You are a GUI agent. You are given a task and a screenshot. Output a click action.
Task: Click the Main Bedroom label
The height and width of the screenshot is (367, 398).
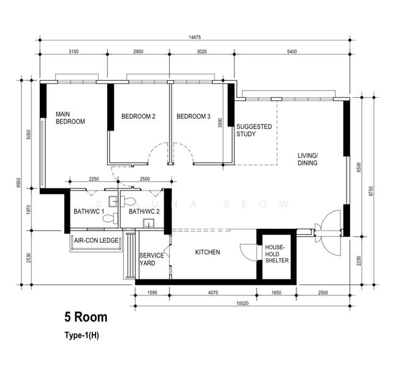pyautogui.click(x=70, y=118)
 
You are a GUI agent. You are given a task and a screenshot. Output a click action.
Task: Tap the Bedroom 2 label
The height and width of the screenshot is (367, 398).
pyautogui.click(x=138, y=116)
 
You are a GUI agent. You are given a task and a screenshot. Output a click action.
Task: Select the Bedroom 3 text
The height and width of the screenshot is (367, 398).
pyautogui.click(x=193, y=116)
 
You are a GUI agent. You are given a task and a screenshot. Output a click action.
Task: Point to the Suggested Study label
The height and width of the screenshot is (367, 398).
pyautogui.click(x=254, y=130)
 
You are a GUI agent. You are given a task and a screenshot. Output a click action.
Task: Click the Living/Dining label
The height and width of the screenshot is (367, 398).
pyautogui.click(x=307, y=159)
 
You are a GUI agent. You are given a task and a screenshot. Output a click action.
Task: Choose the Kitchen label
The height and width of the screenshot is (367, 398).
pyautogui.click(x=208, y=252)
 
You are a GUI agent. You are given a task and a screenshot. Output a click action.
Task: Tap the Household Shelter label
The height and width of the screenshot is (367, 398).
pyautogui.click(x=277, y=254)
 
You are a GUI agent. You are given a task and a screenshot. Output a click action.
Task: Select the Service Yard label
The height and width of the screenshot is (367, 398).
pyautogui.click(x=151, y=259)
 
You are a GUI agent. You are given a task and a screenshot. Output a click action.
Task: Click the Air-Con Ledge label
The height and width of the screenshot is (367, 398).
pyautogui.click(x=96, y=240)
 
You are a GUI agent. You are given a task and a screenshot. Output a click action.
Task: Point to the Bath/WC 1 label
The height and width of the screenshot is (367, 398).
pyautogui.click(x=89, y=211)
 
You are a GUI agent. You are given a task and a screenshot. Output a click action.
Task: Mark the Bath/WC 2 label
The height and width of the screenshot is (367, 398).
pyautogui.click(x=144, y=211)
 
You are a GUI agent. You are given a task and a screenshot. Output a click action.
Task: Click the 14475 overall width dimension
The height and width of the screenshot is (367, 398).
pyautogui.click(x=195, y=37)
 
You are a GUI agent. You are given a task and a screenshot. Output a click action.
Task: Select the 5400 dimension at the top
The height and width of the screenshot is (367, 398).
pyautogui.click(x=292, y=51)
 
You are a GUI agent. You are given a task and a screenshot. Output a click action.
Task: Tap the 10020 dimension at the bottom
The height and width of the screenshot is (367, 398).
pyautogui.click(x=242, y=303)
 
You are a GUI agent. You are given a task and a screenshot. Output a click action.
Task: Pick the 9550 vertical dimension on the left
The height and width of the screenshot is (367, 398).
pyautogui.click(x=18, y=183)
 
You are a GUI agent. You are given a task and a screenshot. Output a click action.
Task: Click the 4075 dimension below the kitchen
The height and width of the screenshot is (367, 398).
pyautogui.click(x=213, y=292)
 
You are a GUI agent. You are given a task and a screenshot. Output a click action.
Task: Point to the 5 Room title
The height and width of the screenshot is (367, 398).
pyautogui.click(x=86, y=317)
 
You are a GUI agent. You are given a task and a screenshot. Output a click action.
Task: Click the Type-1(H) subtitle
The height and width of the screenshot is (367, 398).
pyautogui.click(x=81, y=335)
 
